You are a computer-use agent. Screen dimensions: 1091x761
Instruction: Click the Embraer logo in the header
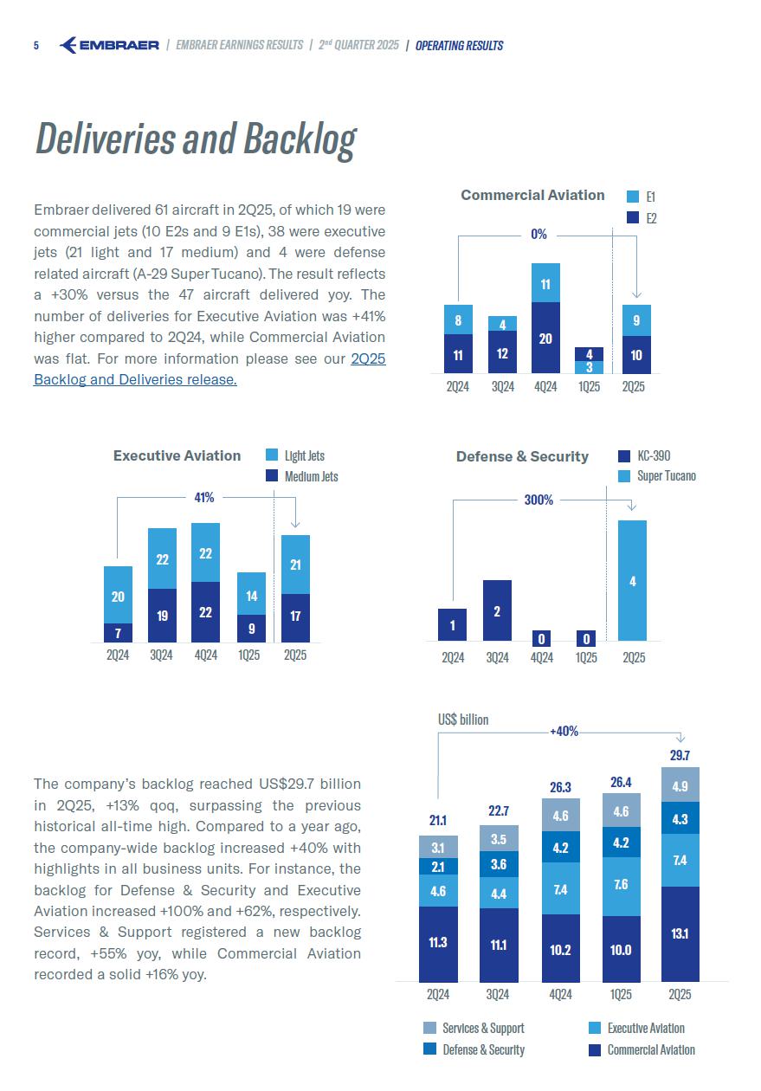point(109,45)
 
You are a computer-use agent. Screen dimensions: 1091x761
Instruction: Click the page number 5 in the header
point(36,46)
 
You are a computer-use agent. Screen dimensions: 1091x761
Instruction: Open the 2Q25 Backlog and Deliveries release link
point(135,379)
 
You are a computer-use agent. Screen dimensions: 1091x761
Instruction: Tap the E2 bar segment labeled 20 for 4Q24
point(545,339)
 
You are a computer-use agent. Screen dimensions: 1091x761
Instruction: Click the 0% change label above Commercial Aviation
point(539,235)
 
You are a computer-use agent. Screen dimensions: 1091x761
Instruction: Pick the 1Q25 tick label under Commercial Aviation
point(589,387)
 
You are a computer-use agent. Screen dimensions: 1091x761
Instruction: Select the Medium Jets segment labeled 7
point(118,633)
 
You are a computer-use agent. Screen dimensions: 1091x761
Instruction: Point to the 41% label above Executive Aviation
point(203,498)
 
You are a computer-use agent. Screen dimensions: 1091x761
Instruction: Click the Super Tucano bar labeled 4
point(633,581)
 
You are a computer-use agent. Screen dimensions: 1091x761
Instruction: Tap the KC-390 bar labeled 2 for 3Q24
point(497,610)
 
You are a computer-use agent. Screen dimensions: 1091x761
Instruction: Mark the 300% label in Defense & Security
point(539,500)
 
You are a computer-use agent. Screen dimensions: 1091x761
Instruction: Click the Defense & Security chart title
point(522,456)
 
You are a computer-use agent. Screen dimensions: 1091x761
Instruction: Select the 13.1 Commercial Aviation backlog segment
point(680,933)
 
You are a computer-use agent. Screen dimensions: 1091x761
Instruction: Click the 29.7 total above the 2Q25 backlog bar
point(680,756)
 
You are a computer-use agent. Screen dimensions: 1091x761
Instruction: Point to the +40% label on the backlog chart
point(564,732)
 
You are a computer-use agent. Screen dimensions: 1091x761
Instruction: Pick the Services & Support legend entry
point(474,1029)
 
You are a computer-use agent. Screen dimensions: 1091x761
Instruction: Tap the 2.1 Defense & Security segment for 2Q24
point(438,866)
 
